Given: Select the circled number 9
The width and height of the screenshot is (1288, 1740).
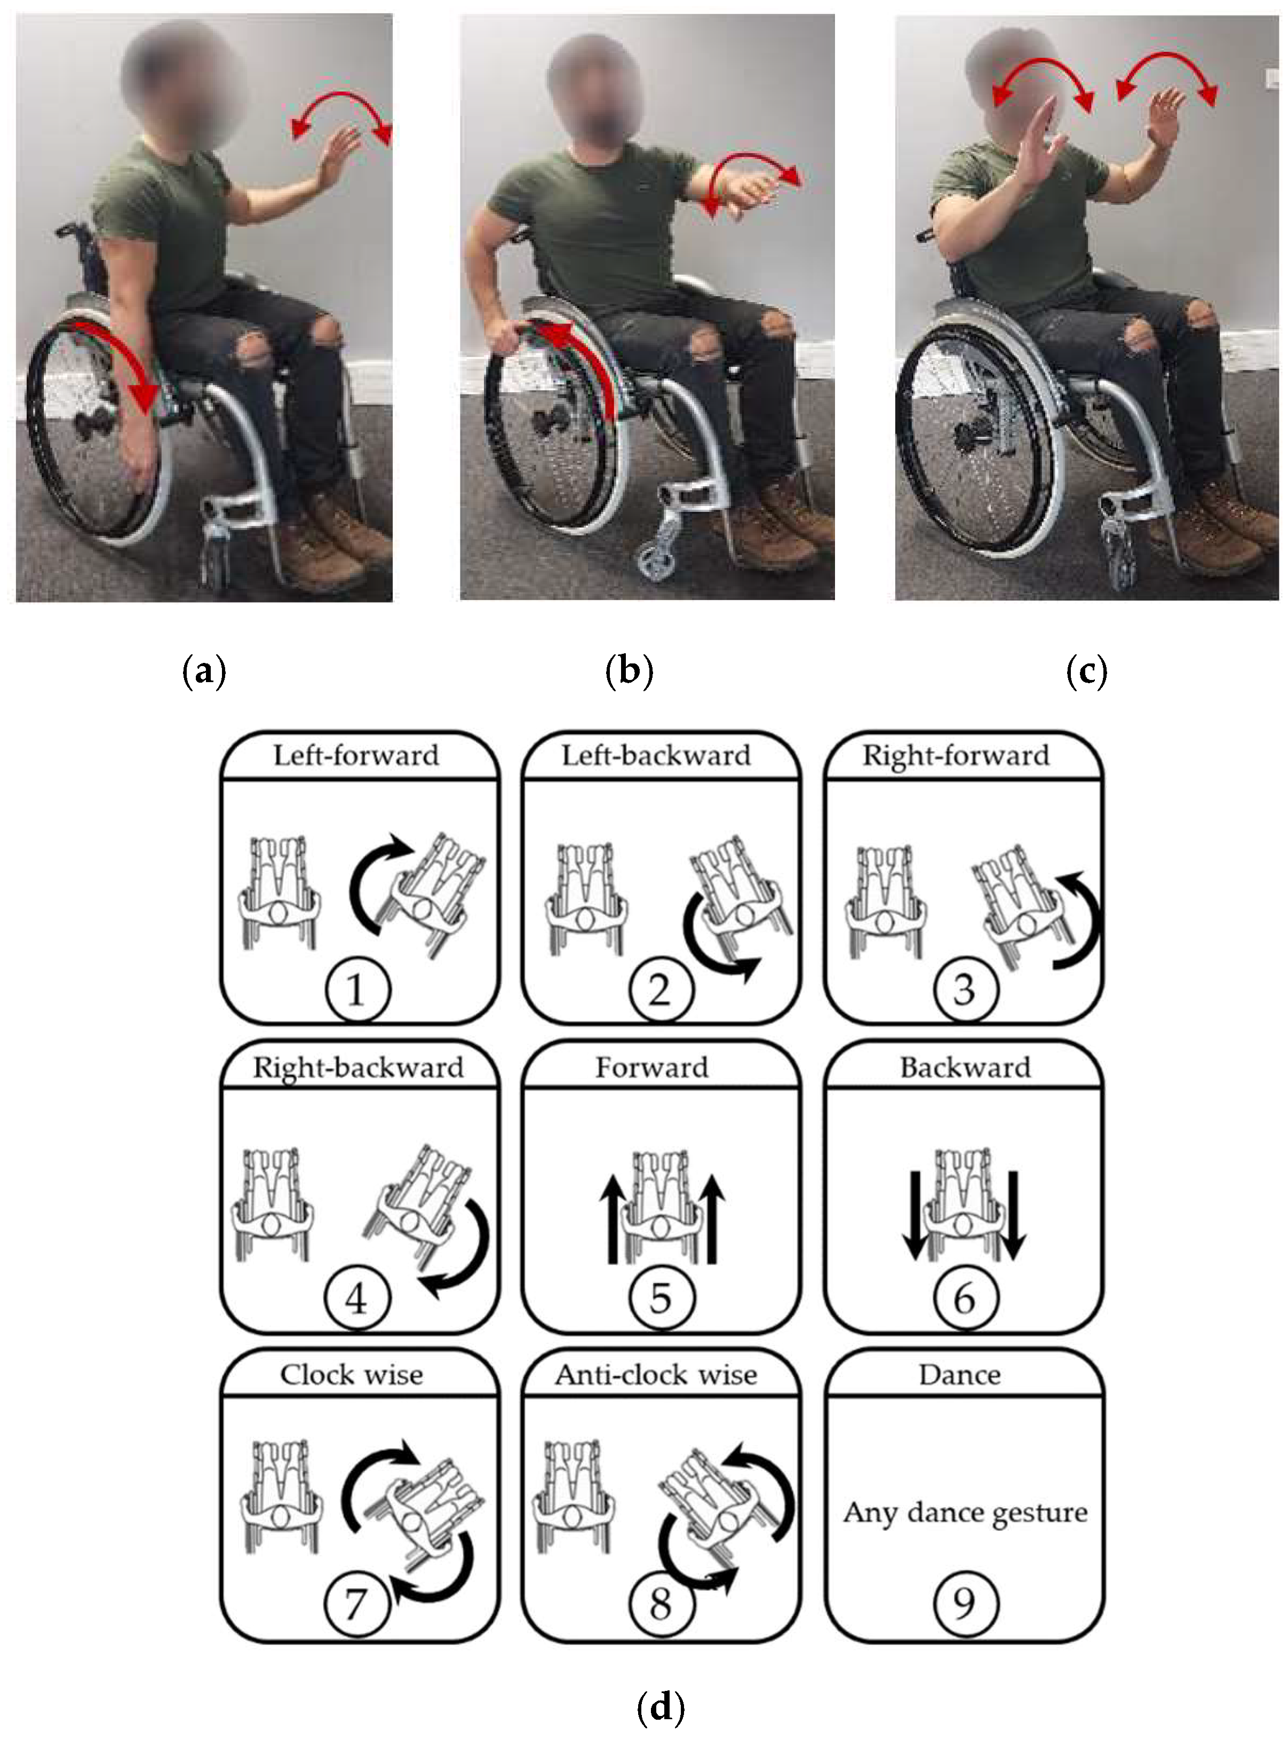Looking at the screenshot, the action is tap(965, 1604).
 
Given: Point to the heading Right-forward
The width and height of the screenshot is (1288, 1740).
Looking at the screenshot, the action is tap(956, 756).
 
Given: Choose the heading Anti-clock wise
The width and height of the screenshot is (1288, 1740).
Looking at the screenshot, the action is tap(656, 1374).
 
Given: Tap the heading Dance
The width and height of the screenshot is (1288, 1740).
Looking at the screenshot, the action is tap(960, 1374).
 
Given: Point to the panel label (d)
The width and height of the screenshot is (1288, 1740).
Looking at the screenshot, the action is tap(661, 1706).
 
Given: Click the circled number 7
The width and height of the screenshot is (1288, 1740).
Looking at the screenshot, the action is tap(356, 1604).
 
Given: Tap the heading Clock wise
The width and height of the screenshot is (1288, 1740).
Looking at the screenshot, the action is tap(352, 1374).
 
